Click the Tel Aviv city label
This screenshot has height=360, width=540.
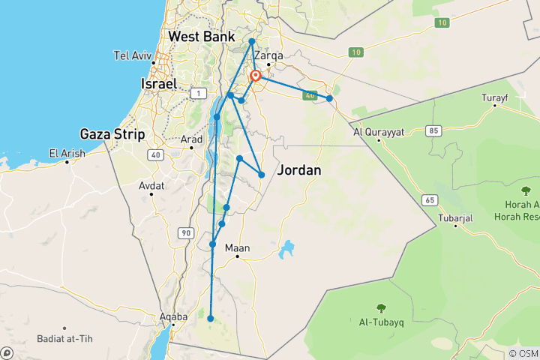tap(133, 55)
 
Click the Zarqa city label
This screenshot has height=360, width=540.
tap(268, 55)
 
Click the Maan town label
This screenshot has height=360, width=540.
tap(238, 248)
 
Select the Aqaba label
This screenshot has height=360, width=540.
tap(172, 317)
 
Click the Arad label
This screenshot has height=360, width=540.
tap(192, 139)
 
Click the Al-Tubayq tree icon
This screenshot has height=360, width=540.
tap(381, 307)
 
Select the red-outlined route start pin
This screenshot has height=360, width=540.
tap(256, 76)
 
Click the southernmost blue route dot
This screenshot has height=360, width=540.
tap(211, 319)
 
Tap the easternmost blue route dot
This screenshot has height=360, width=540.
tap(329, 98)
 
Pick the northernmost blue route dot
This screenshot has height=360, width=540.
tap(252, 41)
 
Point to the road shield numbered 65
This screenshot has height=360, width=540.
tap(429, 200)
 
